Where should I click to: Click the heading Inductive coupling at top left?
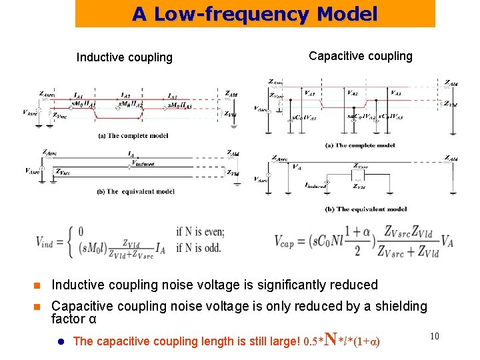tap(124, 57)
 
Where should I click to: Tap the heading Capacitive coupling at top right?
tap(361, 56)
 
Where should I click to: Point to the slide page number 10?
tap(434, 336)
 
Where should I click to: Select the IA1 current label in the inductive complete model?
tap(79, 97)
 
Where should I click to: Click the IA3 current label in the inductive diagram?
tap(173, 97)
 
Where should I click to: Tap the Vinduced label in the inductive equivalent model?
tap(143, 163)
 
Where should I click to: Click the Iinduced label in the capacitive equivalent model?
tap(315, 187)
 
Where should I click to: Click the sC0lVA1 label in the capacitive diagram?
tap(305, 117)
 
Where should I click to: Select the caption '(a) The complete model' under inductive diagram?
tap(133, 136)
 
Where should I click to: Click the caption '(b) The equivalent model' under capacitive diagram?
tap(366, 209)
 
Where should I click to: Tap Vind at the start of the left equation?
tap(47, 241)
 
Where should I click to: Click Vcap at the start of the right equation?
tap(288, 241)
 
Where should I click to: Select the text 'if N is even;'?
tap(200, 232)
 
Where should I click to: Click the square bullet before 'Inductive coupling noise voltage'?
tap(39, 285)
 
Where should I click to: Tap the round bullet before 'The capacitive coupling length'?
tap(60, 341)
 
